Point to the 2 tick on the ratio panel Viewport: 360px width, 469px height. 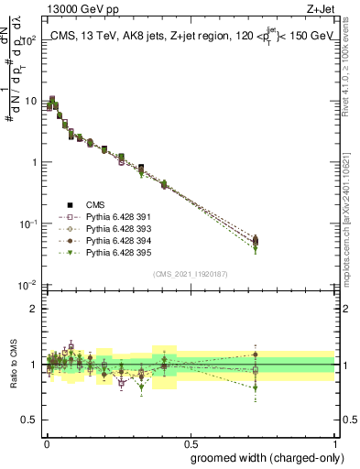pyautogui.click(x=32, y=309)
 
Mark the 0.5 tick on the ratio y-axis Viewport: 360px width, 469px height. pyautogui.click(x=28, y=420)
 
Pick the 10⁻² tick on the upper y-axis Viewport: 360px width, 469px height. pyautogui.click(x=27, y=285)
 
